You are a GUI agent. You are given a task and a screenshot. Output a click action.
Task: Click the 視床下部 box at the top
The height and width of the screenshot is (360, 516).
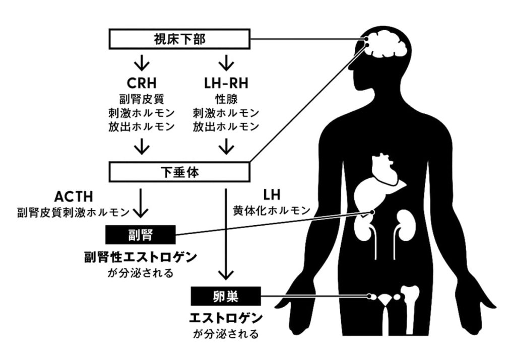[x=179, y=39]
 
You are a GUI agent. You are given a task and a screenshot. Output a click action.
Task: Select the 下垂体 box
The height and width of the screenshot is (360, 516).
[x=179, y=172]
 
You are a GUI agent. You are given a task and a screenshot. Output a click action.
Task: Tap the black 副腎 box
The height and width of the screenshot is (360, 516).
[x=140, y=234]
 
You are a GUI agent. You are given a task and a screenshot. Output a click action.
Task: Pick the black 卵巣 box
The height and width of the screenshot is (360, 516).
[x=226, y=296]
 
